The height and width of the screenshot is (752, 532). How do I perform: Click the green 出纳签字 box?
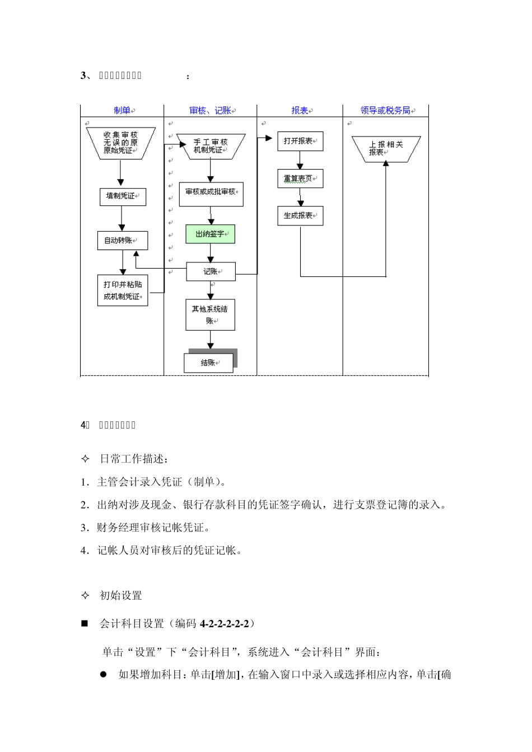click(x=210, y=234)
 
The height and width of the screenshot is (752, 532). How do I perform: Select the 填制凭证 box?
click(x=123, y=196)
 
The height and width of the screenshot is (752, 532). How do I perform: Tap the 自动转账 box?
click(x=122, y=241)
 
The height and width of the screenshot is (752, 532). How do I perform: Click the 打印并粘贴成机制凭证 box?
click(x=123, y=290)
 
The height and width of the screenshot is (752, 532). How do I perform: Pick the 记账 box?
click(x=211, y=272)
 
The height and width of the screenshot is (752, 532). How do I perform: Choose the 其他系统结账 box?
click(x=210, y=314)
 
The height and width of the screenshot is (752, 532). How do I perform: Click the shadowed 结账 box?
click(x=209, y=363)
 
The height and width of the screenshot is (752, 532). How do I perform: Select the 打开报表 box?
click(x=300, y=142)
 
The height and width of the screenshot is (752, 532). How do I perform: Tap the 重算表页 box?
click(x=300, y=179)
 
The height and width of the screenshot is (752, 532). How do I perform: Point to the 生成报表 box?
click(x=300, y=216)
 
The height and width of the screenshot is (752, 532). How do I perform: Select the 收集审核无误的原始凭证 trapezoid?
click(x=120, y=143)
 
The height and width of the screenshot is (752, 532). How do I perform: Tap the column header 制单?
click(x=122, y=111)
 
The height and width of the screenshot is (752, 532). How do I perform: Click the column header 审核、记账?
click(x=211, y=111)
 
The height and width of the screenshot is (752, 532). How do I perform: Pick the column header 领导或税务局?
click(x=385, y=111)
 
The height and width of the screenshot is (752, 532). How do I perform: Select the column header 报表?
click(x=300, y=111)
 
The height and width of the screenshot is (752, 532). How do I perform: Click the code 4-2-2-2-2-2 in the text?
click(x=224, y=623)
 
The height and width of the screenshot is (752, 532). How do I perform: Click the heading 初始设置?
click(x=121, y=596)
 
